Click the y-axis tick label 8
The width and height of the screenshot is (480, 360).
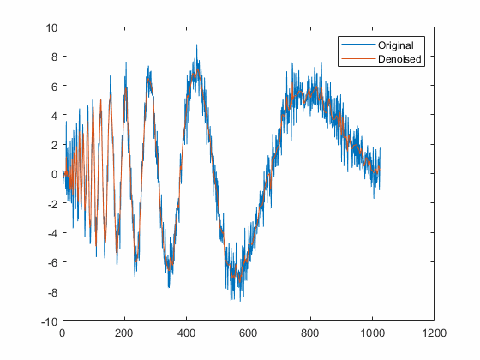click(53, 57)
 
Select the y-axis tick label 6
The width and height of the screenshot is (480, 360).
click(53, 87)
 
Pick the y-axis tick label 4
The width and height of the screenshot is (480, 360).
click(53, 116)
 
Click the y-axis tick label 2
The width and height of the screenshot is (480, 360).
click(53, 145)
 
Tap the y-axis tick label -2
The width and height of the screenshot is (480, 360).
click(51, 204)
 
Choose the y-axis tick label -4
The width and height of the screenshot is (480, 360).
click(51, 233)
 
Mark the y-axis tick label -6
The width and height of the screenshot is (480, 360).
click(51, 262)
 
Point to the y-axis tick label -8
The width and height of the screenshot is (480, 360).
click(51, 291)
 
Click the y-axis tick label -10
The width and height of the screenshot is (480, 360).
click(49, 321)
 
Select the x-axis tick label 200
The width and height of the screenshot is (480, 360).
click(124, 333)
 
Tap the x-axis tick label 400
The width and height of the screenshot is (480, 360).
click(187, 333)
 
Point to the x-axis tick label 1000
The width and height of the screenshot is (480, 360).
click(373, 333)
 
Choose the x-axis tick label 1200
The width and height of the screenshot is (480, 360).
click(435, 333)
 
